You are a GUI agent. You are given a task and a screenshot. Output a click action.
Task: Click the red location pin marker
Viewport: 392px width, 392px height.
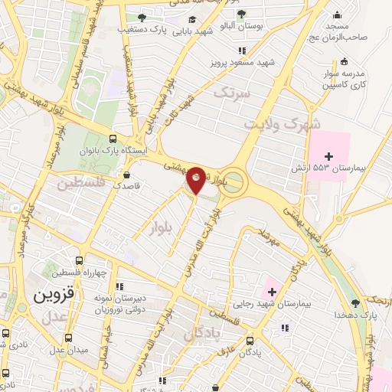196,179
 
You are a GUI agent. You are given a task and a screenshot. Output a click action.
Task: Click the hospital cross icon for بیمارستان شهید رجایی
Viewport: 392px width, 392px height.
271,290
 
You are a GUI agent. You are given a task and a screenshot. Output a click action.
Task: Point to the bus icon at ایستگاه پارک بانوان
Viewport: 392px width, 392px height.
113,139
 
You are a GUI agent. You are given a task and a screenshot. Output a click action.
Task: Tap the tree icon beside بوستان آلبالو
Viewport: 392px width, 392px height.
241,15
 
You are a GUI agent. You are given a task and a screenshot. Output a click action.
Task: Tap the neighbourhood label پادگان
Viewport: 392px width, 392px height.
202,334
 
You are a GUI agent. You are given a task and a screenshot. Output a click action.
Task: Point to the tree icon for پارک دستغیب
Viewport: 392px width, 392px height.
140,17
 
